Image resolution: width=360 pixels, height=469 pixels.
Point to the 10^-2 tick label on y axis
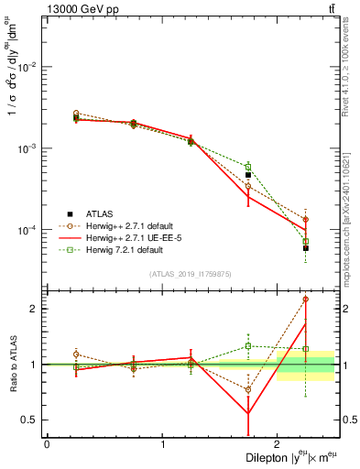tap(27, 67)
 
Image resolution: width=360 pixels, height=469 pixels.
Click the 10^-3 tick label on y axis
tap(27, 148)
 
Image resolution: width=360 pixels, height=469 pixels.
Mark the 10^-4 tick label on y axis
tap(27, 230)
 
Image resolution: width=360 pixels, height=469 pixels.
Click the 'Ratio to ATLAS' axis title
tap(12, 365)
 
